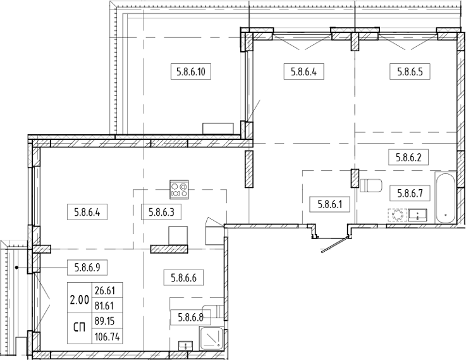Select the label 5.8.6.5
click(410, 71)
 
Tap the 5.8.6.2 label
click(408, 158)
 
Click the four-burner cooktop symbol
click(178, 187)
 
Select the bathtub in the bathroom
click(445, 196)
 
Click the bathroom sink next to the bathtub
click(417, 215)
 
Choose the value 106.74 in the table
click(106, 337)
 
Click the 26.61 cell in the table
click(106, 291)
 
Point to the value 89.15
click(106, 321)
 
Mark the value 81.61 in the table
click(106, 306)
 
